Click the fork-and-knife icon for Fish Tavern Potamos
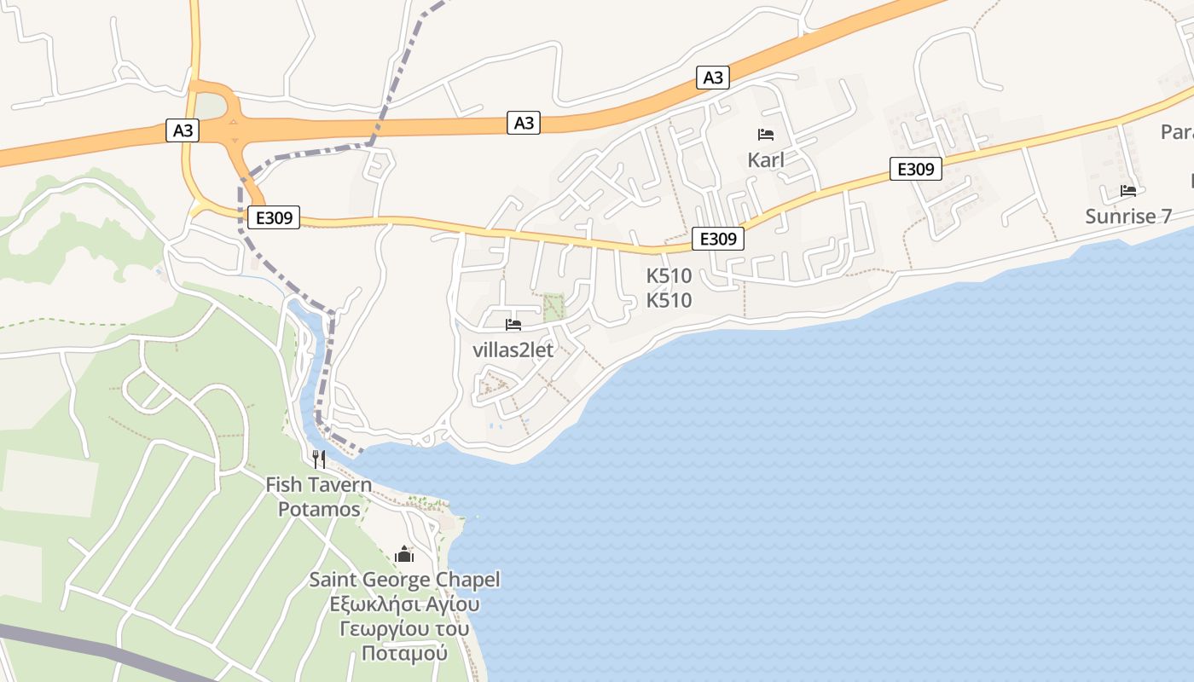point(319,459)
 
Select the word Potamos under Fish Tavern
point(319,509)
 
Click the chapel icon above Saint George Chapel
point(404,555)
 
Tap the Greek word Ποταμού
point(404,654)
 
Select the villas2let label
point(513,350)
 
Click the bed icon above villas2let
point(513,325)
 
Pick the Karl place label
point(765,159)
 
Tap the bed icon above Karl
point(765,135)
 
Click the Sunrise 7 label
point(1127,216)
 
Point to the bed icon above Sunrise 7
point(1128,191)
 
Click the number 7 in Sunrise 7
point(1166,216)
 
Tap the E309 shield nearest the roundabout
point(274,218)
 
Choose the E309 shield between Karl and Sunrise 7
point(915,169)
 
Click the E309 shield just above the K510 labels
point(717,239)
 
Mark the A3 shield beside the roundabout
point(183,130)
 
